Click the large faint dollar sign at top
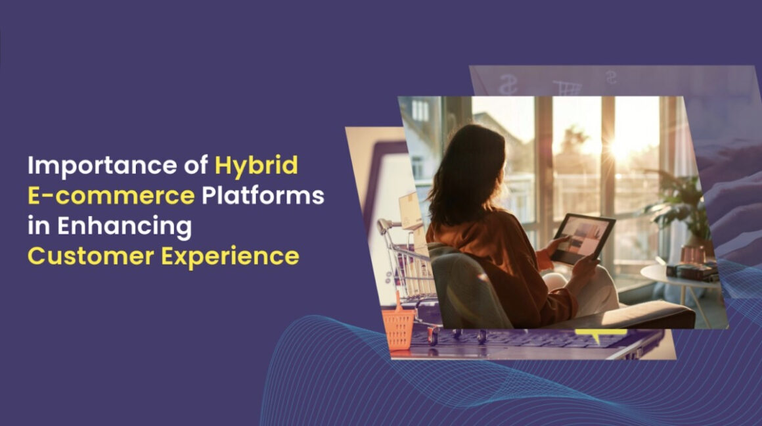508,83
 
